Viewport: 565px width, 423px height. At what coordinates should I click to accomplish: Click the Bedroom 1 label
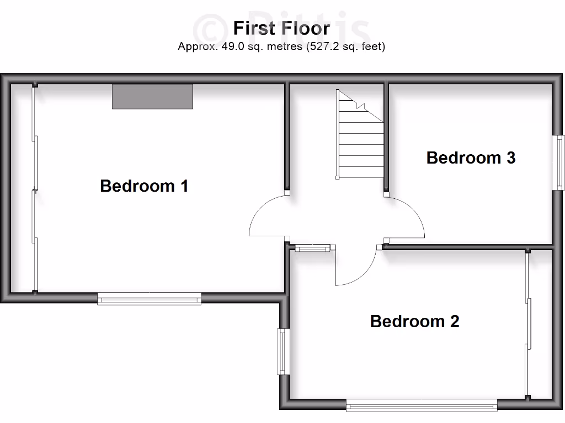144,186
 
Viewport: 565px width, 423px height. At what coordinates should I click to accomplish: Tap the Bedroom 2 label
414,321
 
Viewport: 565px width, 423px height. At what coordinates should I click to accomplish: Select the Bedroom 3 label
471,158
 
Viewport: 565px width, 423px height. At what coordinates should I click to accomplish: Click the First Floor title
281,28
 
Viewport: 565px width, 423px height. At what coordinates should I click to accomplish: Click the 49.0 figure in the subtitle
232,47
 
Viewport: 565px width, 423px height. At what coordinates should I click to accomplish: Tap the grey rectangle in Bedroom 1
152,96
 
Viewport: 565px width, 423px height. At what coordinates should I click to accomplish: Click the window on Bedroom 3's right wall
558,162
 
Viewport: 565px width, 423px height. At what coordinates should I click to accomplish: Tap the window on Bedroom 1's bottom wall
149,299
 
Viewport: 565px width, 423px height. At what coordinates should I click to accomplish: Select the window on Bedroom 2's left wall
284,351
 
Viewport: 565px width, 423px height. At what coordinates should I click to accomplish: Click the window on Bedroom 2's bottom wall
422,406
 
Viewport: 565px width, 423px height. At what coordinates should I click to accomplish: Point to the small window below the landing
313,248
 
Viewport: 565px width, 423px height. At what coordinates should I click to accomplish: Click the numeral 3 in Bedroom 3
510,158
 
